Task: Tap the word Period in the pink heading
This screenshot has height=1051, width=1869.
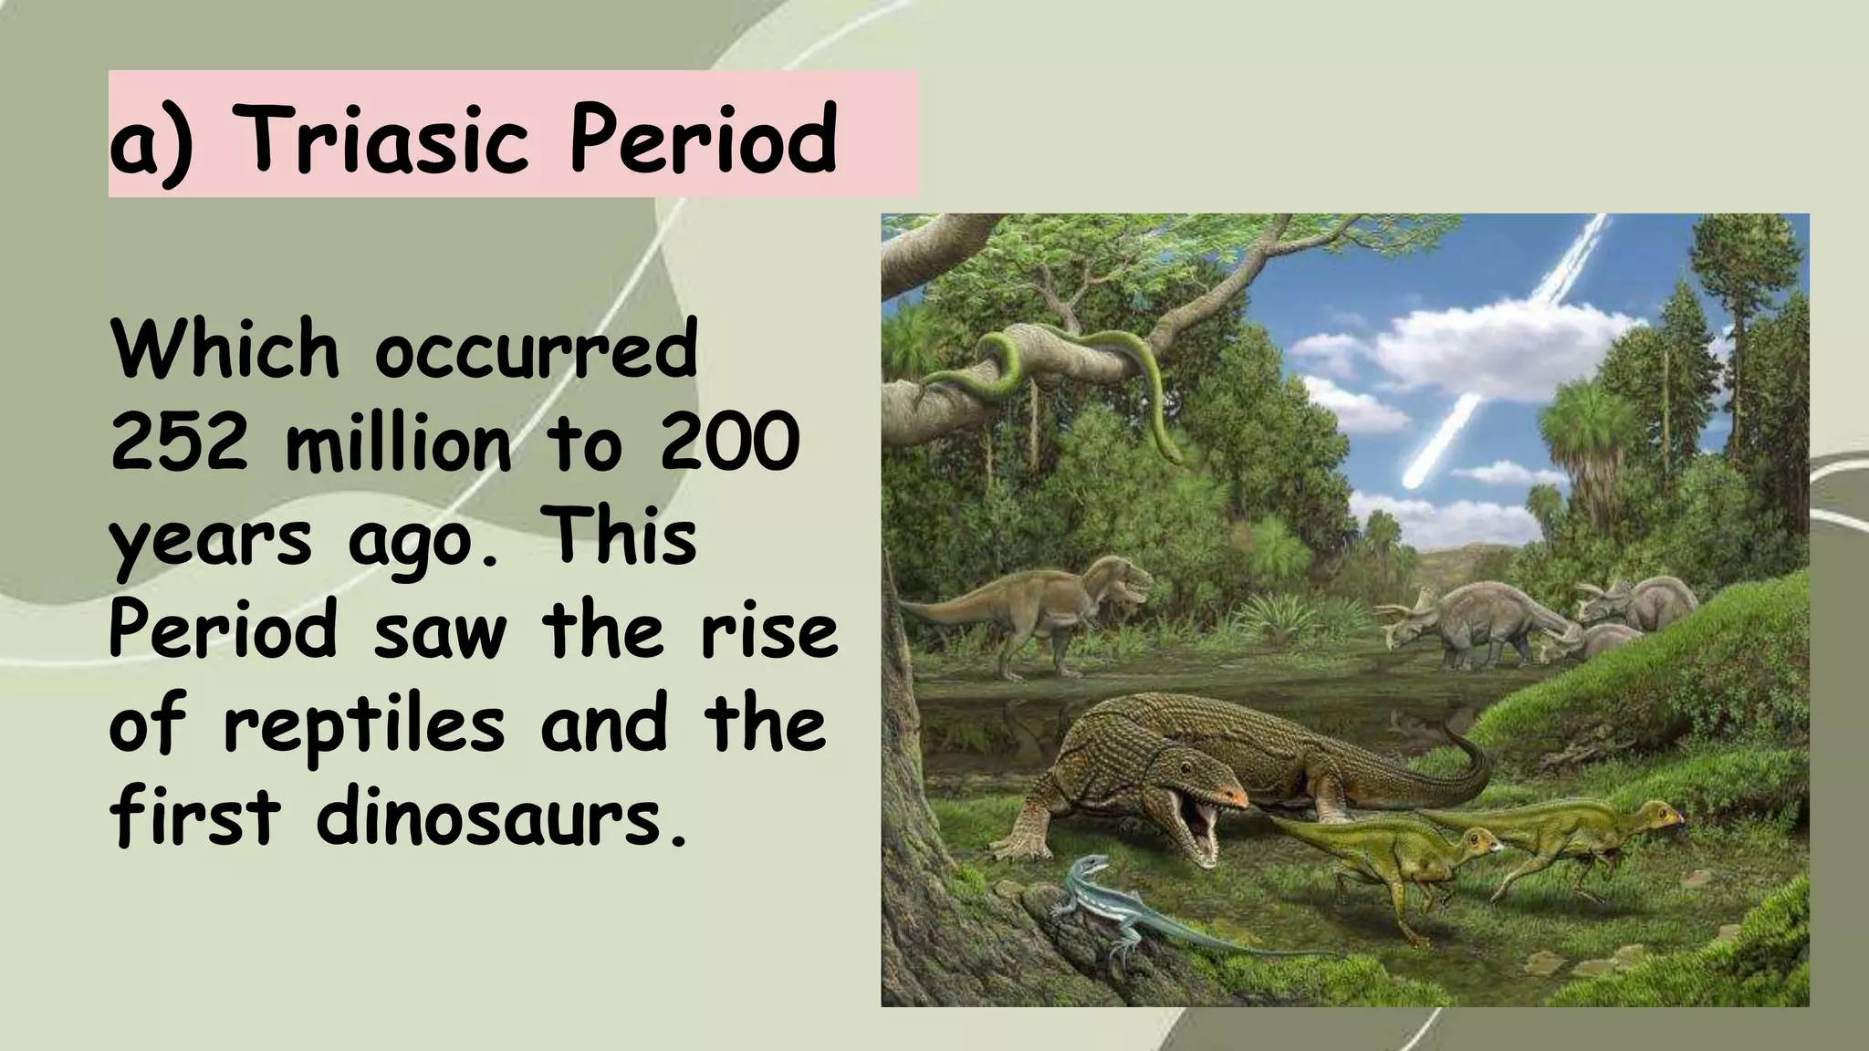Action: coord(703,140)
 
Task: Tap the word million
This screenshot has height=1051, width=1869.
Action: coord(399,443)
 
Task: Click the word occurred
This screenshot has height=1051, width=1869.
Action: coord(536,350)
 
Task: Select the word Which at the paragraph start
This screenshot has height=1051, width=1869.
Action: coord(224,350)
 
